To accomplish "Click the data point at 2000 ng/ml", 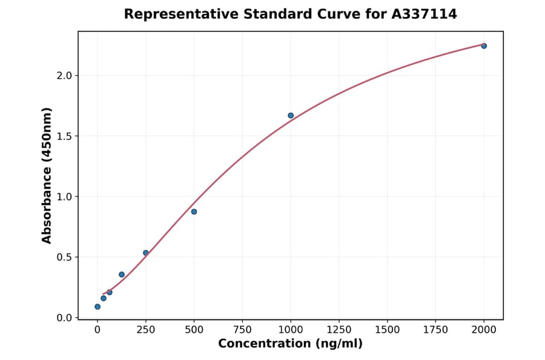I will (484, 46).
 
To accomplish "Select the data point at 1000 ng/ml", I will (291, 115).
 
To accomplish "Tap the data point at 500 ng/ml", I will (194, 212).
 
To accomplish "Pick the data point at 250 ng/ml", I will (146, 253).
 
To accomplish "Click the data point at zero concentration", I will (97, 307).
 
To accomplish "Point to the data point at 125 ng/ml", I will (122, 275).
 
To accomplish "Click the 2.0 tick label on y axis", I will (64, 75).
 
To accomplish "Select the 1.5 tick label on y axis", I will (64, 136).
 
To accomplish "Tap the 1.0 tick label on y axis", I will (64, 196).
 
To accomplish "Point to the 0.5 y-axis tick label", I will (64, 257).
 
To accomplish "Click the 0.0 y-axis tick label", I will (64, 318).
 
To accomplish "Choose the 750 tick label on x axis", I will (242, 330).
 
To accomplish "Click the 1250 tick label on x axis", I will (339, 330).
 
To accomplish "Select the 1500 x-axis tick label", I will (388, 330).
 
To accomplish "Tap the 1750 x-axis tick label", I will (435, 330).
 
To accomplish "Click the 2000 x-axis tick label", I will (484, 330).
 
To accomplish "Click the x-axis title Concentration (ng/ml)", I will (291, 344).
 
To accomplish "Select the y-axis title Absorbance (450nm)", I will (47, 175).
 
